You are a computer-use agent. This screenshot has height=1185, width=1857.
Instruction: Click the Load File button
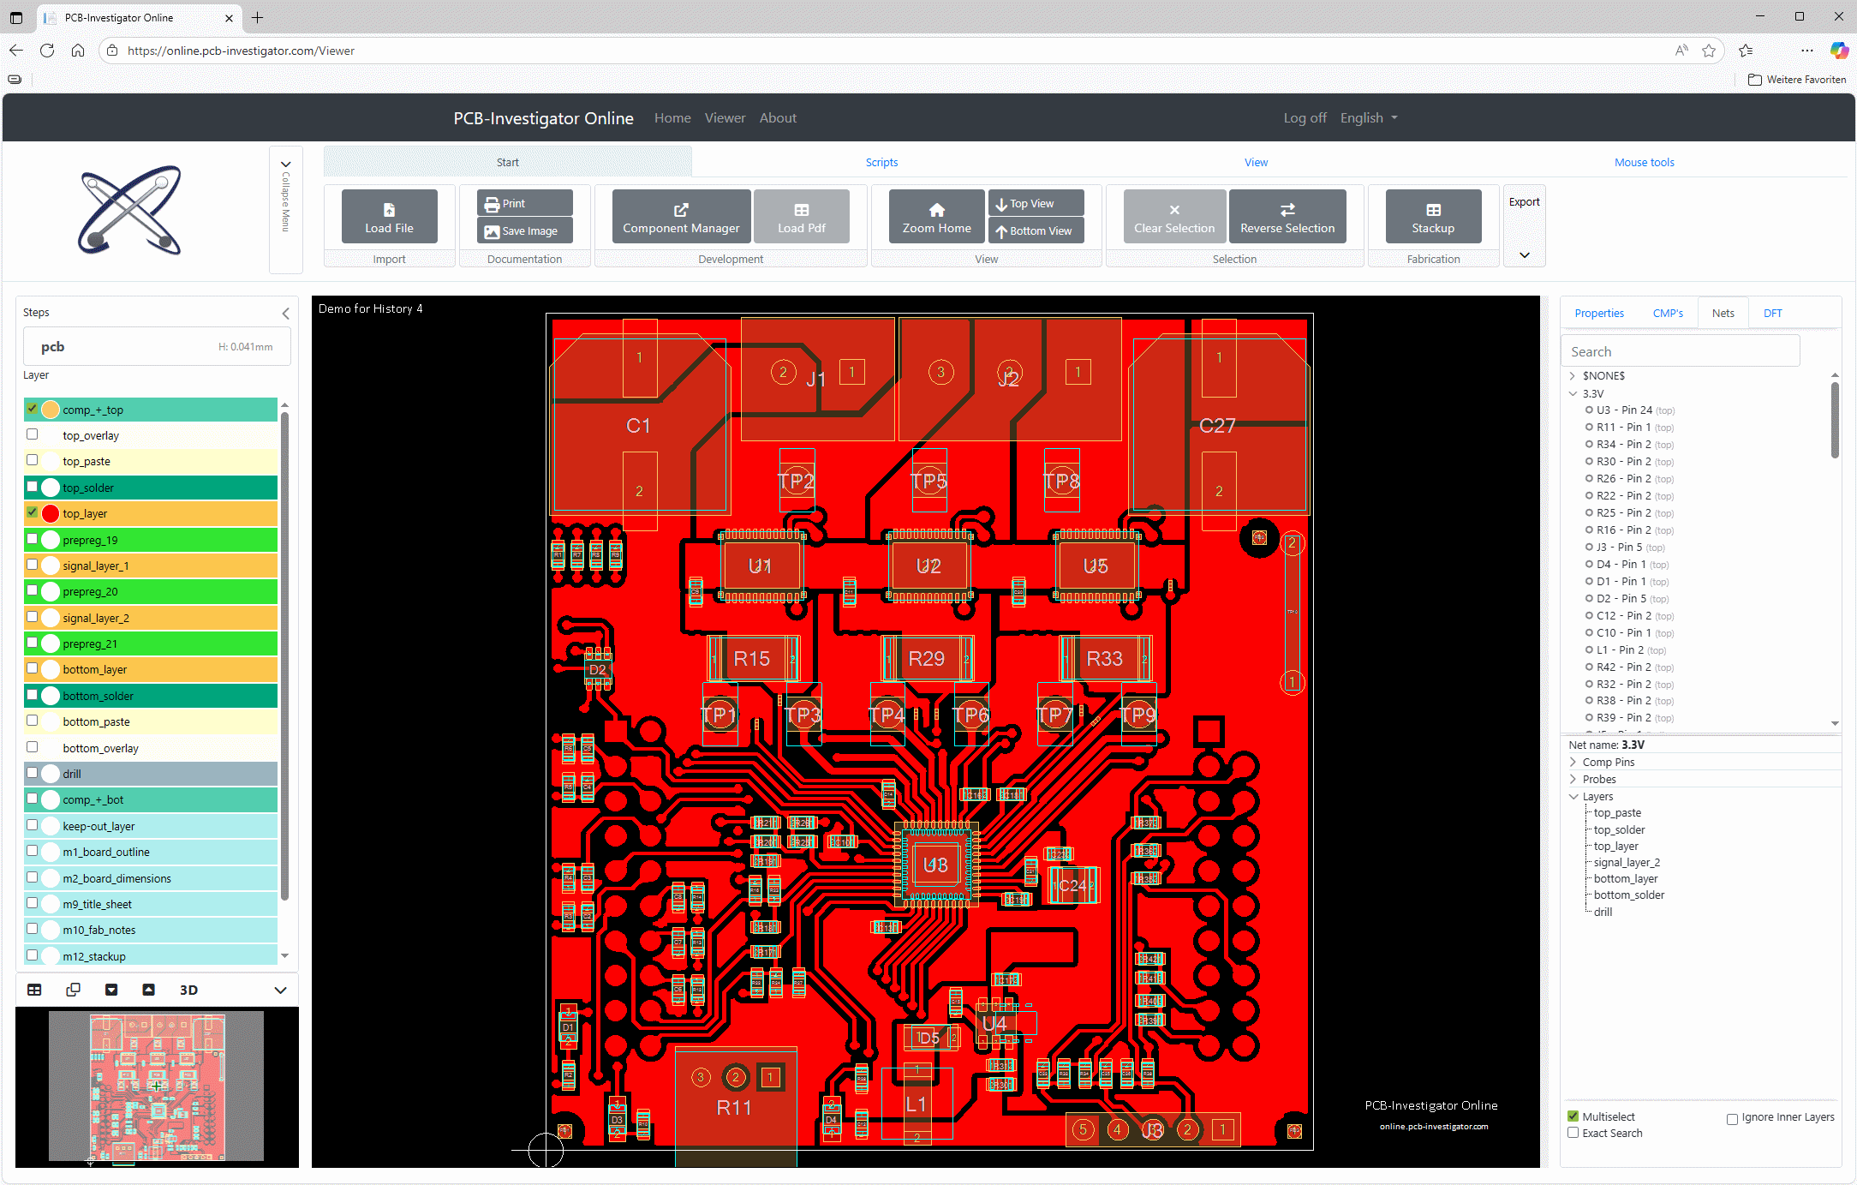pos(389,216)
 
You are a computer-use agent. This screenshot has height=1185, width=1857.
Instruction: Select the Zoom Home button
pos(936,216)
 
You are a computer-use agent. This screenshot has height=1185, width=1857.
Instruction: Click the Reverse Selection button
pos(1287,216)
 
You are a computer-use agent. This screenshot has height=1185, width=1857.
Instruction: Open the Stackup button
pos(1432,216)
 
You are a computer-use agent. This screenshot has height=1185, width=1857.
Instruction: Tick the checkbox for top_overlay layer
pos(33,434)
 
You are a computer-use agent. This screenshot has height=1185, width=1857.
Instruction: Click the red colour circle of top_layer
pos(51,513)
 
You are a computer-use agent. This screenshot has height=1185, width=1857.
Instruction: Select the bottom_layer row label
pos(94,669)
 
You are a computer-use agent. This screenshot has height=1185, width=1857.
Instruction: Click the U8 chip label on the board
pos(935,865)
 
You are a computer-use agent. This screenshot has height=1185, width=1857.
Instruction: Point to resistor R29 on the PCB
pos(926,658)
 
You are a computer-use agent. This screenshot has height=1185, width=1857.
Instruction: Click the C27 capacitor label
pos(1217,425)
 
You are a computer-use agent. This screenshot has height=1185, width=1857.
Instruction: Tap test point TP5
pos(928,481)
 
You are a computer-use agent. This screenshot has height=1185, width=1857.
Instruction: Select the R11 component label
pos(734,1107)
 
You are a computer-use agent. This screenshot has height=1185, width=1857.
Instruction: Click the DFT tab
pos(1772,313)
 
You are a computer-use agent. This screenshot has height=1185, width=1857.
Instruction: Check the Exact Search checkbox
pos(1573,1133)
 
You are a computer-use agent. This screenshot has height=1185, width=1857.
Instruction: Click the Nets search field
pos(1679,351)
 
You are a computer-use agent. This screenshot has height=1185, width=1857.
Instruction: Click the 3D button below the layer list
pos(188,990)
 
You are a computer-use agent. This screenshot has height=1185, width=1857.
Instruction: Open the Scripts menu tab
pos(881,162)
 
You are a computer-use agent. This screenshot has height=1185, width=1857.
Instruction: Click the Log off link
pos(1304,117)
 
